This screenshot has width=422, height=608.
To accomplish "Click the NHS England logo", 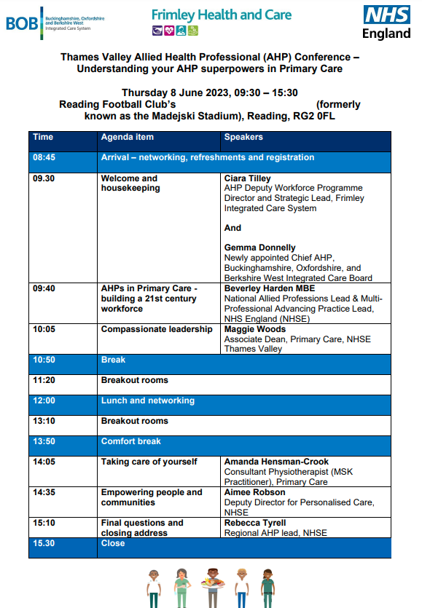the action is [387, 22].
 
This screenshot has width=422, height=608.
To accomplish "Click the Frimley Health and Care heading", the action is [222, 15].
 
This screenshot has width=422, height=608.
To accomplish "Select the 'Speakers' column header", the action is [243, 137].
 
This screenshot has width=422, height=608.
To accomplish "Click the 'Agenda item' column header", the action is [128, 137].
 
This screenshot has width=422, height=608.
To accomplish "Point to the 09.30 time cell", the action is [44, 178].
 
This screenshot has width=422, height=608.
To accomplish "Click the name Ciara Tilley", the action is [247, 178].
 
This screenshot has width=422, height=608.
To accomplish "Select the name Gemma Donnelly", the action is [260, 248].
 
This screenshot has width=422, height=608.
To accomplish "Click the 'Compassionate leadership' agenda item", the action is [157, 330].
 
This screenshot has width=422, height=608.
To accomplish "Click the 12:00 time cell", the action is [44, 400].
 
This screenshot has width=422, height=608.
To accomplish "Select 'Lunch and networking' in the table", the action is [148, 400].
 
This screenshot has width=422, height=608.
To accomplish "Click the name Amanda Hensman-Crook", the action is [276, 462].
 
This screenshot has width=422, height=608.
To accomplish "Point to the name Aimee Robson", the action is [254, 492].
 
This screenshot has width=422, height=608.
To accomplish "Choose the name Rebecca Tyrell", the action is [256, 523].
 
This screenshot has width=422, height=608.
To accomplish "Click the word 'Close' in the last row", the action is [113, 543].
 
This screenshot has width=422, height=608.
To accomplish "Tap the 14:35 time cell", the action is [44, 492].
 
